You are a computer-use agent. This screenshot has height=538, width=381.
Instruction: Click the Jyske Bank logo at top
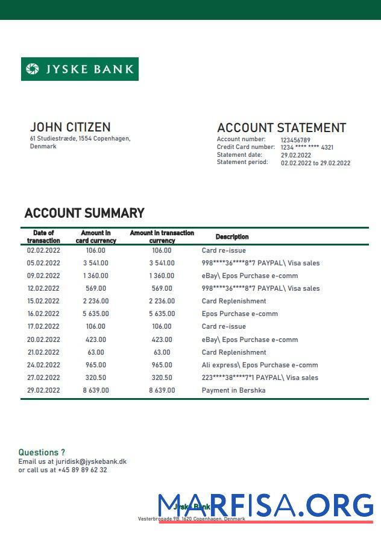pyautogui.click(x=80, y=69)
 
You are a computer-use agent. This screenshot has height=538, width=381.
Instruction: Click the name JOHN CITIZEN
pyautogui.click(x=70, y=127)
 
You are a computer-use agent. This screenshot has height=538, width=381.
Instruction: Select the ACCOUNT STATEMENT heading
pyautogui.click(x=281, y=128)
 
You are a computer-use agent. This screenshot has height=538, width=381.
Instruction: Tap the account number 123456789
pyautogui.click(x=295, y=140)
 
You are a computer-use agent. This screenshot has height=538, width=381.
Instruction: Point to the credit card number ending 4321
pyautogui.click(x=307, y=147)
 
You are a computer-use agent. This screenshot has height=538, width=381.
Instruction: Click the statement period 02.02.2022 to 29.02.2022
pyautogui.click(x=315, y=163)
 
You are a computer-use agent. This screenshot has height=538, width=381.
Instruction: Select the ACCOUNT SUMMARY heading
pyautogui.click(x=84, y=213)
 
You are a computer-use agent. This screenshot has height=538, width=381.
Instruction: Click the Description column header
pyautogui.click(x=232, y=237)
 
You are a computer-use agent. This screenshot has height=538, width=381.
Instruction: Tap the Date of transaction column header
pyautogui.click(x=43, y=236)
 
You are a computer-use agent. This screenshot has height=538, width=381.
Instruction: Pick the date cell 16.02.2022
pyautogui.click(x=43, y=314)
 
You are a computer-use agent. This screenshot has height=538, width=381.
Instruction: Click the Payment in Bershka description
pyautogui.click(x=233, y=390)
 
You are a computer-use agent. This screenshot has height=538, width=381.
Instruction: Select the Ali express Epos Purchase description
pyautogui.click(x=259, y=365)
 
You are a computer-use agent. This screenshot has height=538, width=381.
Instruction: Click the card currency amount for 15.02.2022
pyautogui.click(x=95, y=301)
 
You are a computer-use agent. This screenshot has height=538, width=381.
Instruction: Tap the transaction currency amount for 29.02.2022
pyautogui.click(x=162, y=390)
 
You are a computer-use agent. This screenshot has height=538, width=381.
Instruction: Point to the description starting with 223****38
pyautogui.click(x=260, y=378)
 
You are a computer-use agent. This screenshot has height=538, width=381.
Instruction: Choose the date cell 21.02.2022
pyautogui.click(x=43, y=352)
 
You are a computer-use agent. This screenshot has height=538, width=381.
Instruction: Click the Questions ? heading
pyautogui.click(x=42, y=452)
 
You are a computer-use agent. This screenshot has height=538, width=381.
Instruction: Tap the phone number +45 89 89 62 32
pyautogui.click(x=83, y=470)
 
